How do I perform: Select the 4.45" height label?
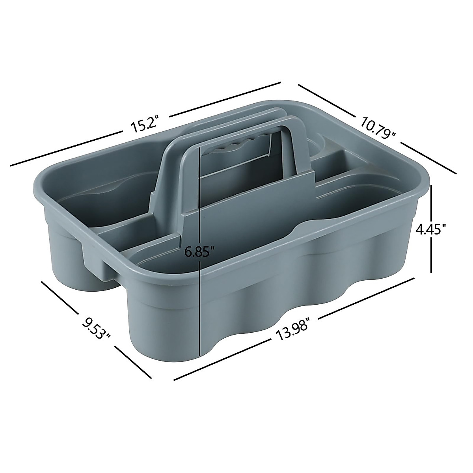point(432,228)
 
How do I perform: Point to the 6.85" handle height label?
point(200,251)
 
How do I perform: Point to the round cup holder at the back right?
point(321,146)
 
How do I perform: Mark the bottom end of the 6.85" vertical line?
point(201,355)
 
